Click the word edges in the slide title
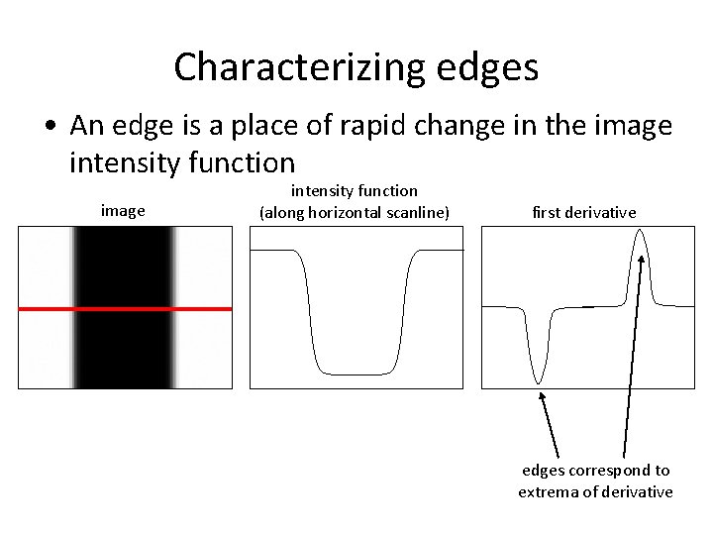pyautogui.click(x=486, y=67)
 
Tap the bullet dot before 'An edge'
pyautogui.click(x=49, y=127)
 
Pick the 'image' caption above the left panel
pyautogui.click(x=123, y=210)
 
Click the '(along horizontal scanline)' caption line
pyautogui.click(x=354, y=211)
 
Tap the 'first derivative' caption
pyautogui.click(x=584, y=212)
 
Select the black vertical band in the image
pyautogui.click(x=124, y=347)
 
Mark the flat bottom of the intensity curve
pyautogui.click(x=356, y=374)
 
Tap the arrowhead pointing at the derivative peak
pyautogui.click(x=642, y=259)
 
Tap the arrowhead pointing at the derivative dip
pyautogui.click(x=543, y=396)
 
